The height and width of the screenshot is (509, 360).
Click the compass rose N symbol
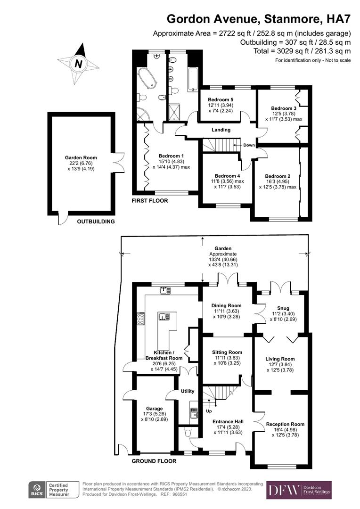point(79,64)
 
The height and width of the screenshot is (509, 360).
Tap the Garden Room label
point(81,158)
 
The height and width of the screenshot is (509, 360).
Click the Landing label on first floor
point(221,130)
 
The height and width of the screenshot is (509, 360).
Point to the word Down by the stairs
point(249,145)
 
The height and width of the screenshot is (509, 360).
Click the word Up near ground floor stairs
point(209,410)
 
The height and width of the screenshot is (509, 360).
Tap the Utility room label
point(188,391)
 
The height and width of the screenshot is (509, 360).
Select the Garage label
point(154,409)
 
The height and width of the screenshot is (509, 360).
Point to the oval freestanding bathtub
point(147,77)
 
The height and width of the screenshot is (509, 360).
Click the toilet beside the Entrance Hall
point(188,431)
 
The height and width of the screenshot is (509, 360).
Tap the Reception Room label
point(282,424)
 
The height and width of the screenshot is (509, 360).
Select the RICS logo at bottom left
point(37,490)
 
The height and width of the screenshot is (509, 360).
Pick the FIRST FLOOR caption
point(150,201)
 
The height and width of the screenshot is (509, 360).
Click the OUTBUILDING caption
point(96,222)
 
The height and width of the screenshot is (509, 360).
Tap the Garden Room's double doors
point(118,160)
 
